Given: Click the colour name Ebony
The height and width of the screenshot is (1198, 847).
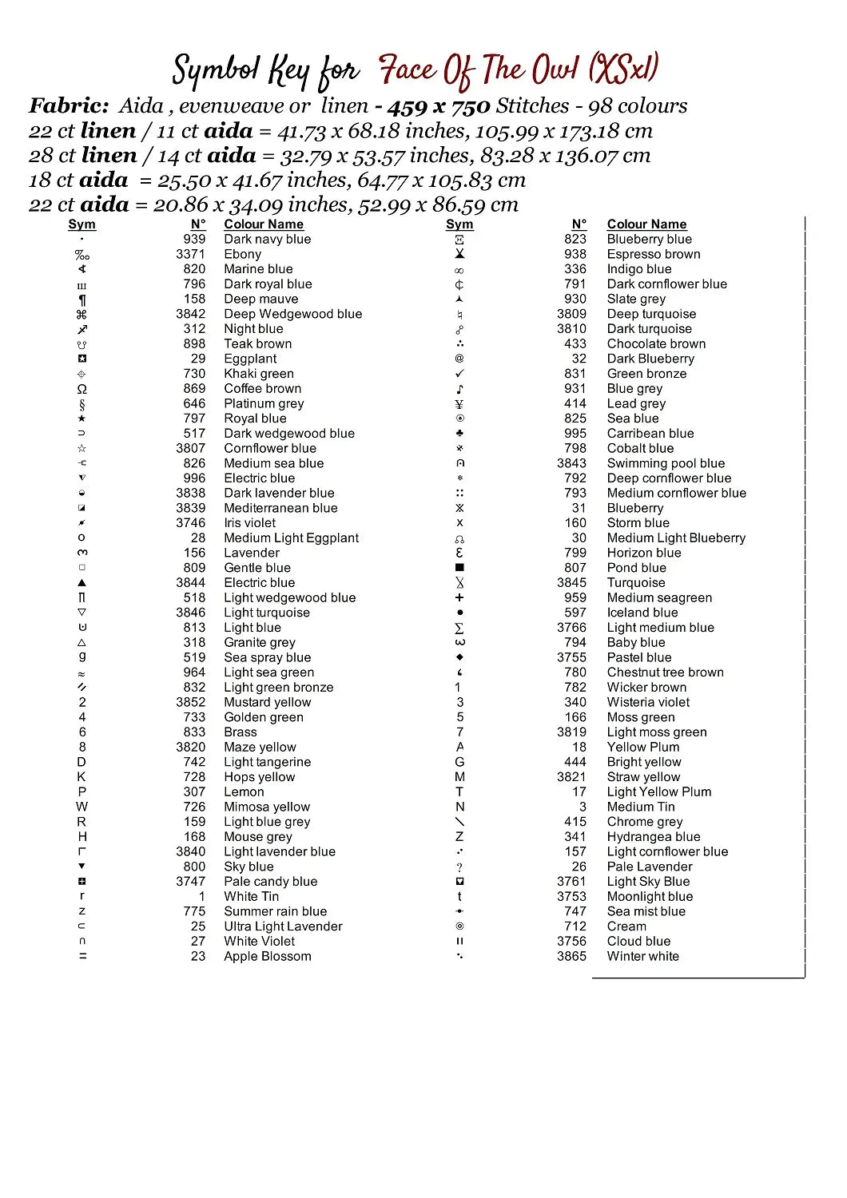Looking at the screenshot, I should (242, 254).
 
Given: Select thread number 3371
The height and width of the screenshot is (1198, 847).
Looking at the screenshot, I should (190, 254).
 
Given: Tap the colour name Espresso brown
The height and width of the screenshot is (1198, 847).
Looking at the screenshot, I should (653, 254).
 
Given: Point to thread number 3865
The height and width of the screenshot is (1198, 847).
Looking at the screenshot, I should (571, 956).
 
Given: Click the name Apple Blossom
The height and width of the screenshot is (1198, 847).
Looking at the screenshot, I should (267, 956).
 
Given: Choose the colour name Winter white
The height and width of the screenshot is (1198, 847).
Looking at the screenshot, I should (642, 956).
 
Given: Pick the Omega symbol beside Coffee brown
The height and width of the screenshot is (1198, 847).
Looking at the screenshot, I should (82, 389).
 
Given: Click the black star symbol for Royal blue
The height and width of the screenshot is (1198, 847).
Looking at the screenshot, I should (82, 419).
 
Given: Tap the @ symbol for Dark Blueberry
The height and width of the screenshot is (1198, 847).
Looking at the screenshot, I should (459, 359).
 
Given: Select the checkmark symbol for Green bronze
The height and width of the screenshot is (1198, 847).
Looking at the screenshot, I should (459, 374).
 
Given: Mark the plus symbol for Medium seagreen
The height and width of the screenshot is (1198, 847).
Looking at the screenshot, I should (459, 597).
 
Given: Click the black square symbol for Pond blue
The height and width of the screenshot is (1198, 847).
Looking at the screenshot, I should (459, 568).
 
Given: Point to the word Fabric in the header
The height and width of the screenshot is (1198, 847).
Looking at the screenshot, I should (69, 105).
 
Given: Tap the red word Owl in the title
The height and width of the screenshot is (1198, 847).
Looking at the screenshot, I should (555, 70).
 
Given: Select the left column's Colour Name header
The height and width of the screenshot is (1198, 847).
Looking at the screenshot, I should (263, 224).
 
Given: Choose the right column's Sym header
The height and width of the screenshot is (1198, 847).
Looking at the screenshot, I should (459, 224).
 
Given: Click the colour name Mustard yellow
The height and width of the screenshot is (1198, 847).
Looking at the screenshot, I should (267, 702).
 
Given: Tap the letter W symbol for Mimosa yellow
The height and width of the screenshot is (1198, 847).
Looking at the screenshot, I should (82, 807).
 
